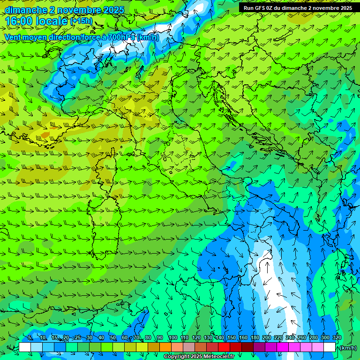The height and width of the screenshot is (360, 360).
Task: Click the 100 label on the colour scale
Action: pyautogui.click(x=173, y=338)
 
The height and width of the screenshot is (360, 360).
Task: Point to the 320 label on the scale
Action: pyautogui.click(x=337, y=338)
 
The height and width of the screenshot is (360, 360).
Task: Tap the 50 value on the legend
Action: pyautogui.click(x=113, y=338)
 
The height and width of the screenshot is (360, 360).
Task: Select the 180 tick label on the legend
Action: pyautogui.click(x=255, y=338)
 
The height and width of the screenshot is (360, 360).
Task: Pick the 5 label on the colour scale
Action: pyautogui.click(x=30, y=338)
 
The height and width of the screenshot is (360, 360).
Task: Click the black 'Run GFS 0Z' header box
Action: pyautogui.click(x=298, y=7)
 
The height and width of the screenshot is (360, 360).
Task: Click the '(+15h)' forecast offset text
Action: pyautogui.click(x=81, y=21)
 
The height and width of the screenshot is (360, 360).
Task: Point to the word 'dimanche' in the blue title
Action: pyautogui.click(x=26, y=10)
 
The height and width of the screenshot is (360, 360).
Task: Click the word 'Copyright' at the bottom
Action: pyautogui.click(x=177, y=357)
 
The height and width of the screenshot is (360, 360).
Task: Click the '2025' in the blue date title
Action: pyautogui.click(x=114, y=10)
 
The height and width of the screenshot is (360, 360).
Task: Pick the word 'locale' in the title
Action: pyautogui.click(x=51, y=21)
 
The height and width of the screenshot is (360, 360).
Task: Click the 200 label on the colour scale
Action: pyautogui.click(x=267, y=338)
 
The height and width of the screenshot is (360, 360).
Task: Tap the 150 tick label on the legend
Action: pyautogui.click(x=232, y=338)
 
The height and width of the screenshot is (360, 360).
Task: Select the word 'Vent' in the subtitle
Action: pyautogui.click(x=13, y=37)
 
